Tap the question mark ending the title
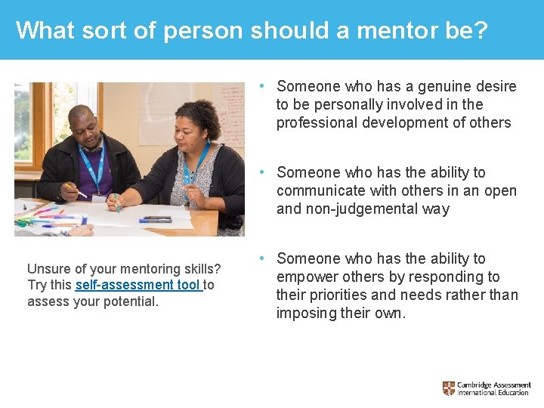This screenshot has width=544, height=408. pos(481,30)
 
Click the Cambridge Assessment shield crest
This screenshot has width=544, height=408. pos(449,388)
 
